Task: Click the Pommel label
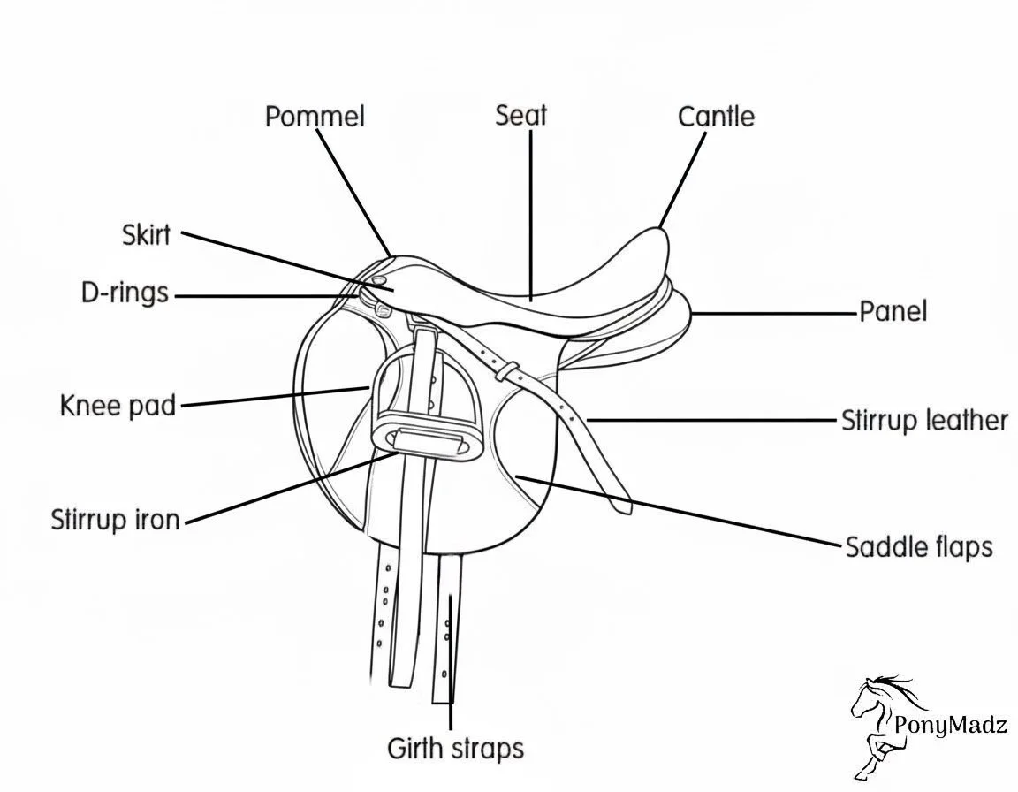tap(315, 116)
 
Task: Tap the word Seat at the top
tap(521, 115)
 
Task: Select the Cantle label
tap(716, 117)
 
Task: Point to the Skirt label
tap(146, 235)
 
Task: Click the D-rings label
tap(125, 293)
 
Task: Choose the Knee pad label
tap(118, 406)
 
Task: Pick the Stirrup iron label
tap(115, 519)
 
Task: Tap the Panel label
tap(893, 311)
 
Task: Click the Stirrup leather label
tap(924, 420)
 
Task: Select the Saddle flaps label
tap(919, 546)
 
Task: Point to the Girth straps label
tap(455, 749)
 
